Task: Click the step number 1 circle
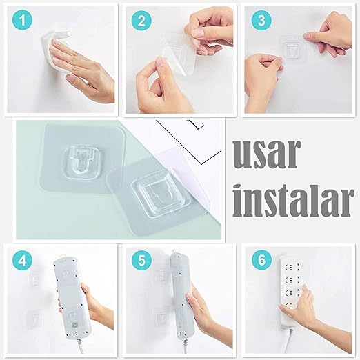pos(22,20)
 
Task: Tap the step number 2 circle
pos(141,20)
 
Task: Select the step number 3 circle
pos(261,20)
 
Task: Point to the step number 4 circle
pos(22,261)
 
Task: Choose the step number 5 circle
pos(141,261)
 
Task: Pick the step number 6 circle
pos(261,261)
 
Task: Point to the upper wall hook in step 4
pos(34,279)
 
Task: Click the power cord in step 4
pos(80,348)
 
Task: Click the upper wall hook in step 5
pos(162,275)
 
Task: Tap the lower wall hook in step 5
pos(161,316)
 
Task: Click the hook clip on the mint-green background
pos(81,163)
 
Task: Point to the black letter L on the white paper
pos(199,125)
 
